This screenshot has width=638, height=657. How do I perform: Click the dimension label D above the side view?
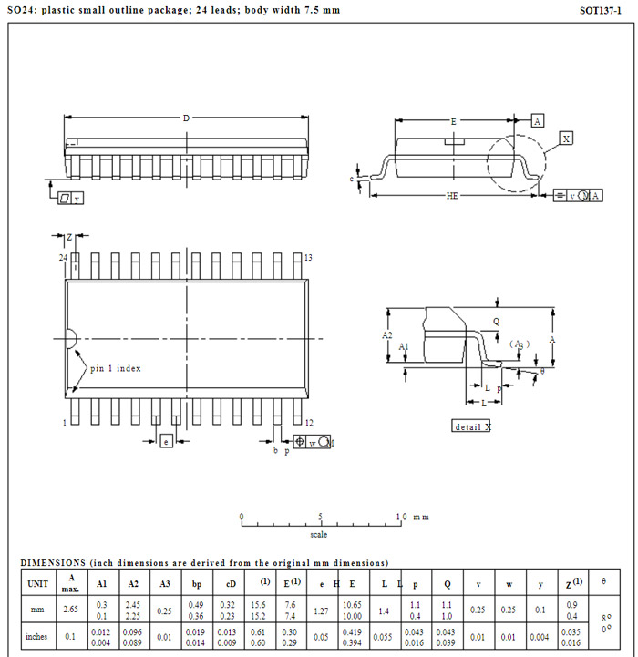187,118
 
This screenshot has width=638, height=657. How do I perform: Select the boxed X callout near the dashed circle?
566,139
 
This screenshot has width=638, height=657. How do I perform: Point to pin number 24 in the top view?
63,259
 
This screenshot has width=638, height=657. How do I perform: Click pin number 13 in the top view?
308,259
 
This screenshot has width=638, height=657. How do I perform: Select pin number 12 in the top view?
309,423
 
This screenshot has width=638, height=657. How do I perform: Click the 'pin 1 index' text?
115,369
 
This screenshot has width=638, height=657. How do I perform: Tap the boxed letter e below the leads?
166,441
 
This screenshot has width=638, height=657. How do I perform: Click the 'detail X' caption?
472,426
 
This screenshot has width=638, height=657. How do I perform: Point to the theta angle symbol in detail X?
542,371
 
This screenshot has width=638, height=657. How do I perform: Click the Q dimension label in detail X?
496,322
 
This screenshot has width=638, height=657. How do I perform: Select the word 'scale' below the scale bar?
318,535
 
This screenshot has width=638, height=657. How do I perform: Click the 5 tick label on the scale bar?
320,517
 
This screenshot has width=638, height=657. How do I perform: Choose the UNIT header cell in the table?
38,584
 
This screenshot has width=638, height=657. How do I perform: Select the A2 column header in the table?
133,584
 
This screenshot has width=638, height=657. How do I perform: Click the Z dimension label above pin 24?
69,237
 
